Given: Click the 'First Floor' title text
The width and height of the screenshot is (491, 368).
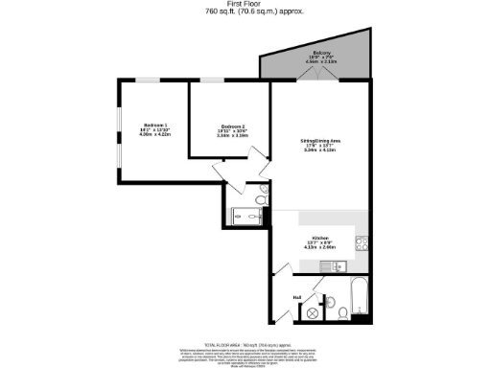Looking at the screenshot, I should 245,5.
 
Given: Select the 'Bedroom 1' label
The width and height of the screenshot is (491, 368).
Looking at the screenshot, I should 154,126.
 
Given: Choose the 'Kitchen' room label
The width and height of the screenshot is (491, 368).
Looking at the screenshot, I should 319,237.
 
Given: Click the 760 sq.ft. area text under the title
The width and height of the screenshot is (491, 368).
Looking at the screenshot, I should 245,13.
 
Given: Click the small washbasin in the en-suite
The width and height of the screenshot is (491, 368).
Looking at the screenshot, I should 259,217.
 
